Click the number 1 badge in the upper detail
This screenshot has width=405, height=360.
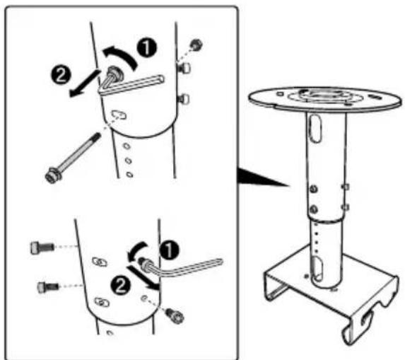pyautogui.click(x=146, y=48)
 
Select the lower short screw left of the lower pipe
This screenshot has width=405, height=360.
pyautogui.click(x=46, y=286)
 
